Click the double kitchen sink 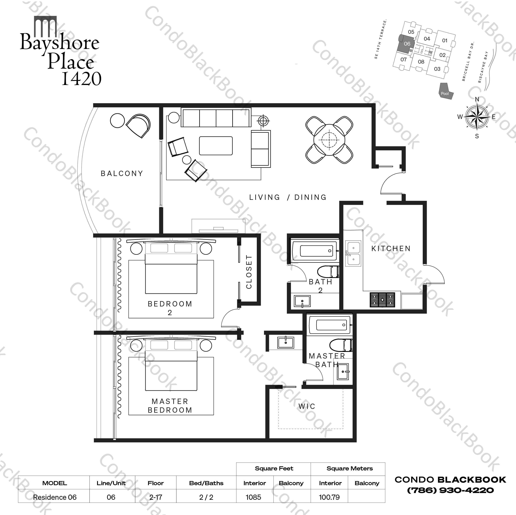click(353, 253)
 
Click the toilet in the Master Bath click(341, 345)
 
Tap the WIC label click(307, 406)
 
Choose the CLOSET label click(249, 272)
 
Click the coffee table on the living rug click(216, 146)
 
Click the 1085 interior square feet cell click(254, 497)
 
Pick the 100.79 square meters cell click(329, 497)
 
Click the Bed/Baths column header click(206, 483)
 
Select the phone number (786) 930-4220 click(450, 490)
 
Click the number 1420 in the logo click(81, 78)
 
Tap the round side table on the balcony click(117, 121)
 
